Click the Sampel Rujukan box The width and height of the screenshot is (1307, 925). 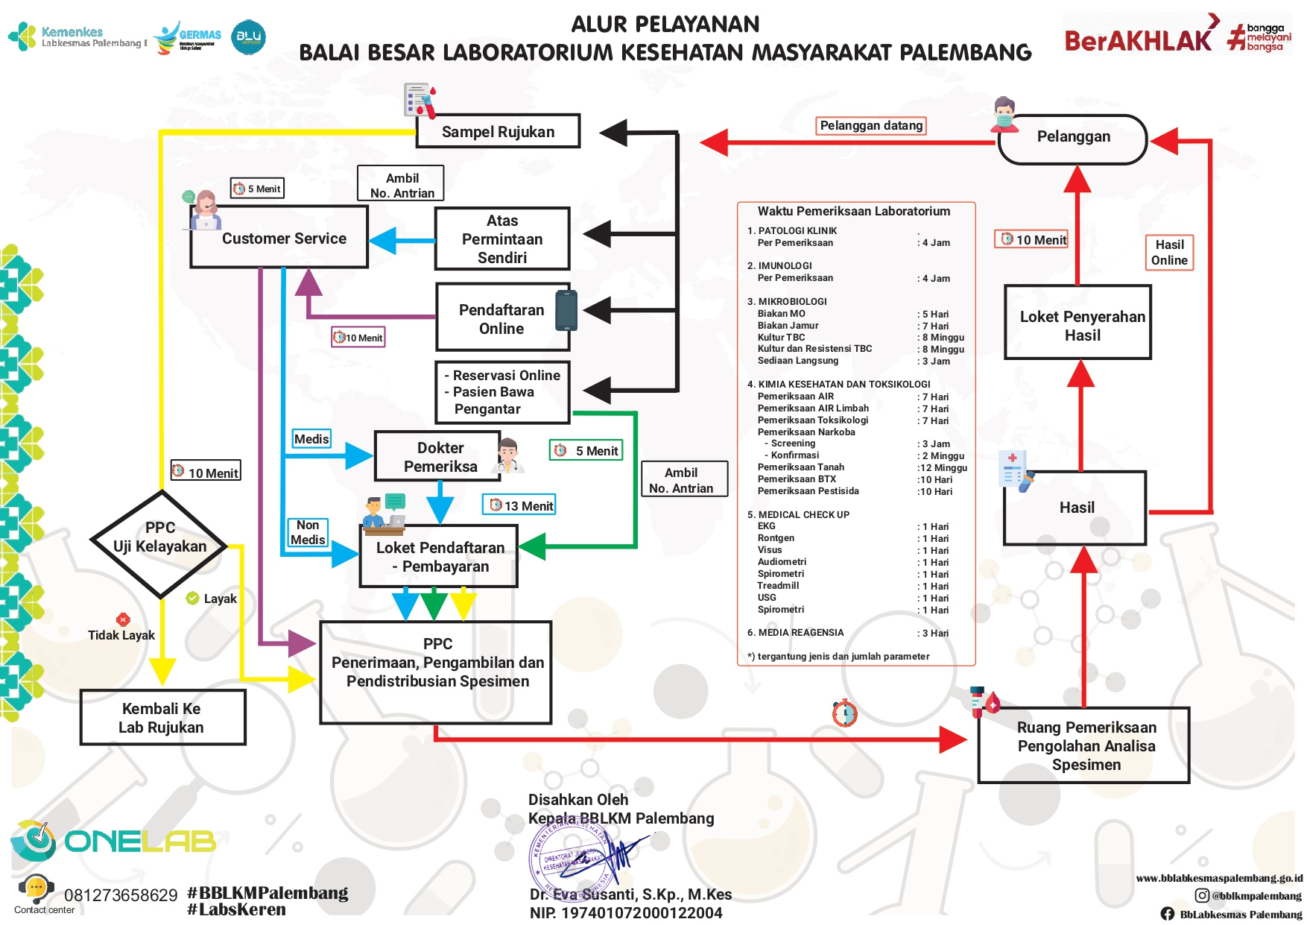[x=498, y=131]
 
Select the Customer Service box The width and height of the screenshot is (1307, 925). [x=283, y=238]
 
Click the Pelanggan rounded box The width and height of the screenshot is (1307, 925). [x=1073, y=137]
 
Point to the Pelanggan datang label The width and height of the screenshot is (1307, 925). [x=870, y=125]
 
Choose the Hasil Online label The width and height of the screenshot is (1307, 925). [x=1168, y=252]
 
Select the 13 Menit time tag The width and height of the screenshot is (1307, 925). [x=521, y=505]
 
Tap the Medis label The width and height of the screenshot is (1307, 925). [x=311, y=439]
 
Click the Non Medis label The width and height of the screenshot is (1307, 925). [x=308, y=532]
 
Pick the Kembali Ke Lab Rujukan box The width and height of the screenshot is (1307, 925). [x=162, y=717]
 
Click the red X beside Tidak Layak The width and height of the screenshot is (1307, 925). [x=123, y=619]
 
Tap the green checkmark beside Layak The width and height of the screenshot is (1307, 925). [x=192, y=598]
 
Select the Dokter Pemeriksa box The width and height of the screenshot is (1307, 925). [x=440, y=456]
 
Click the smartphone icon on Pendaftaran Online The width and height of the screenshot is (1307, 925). [x=566, y=311]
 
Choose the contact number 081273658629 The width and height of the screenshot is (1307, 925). [x=121, y=894]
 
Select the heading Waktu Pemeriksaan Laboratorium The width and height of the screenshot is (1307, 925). [x=853, y=211]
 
